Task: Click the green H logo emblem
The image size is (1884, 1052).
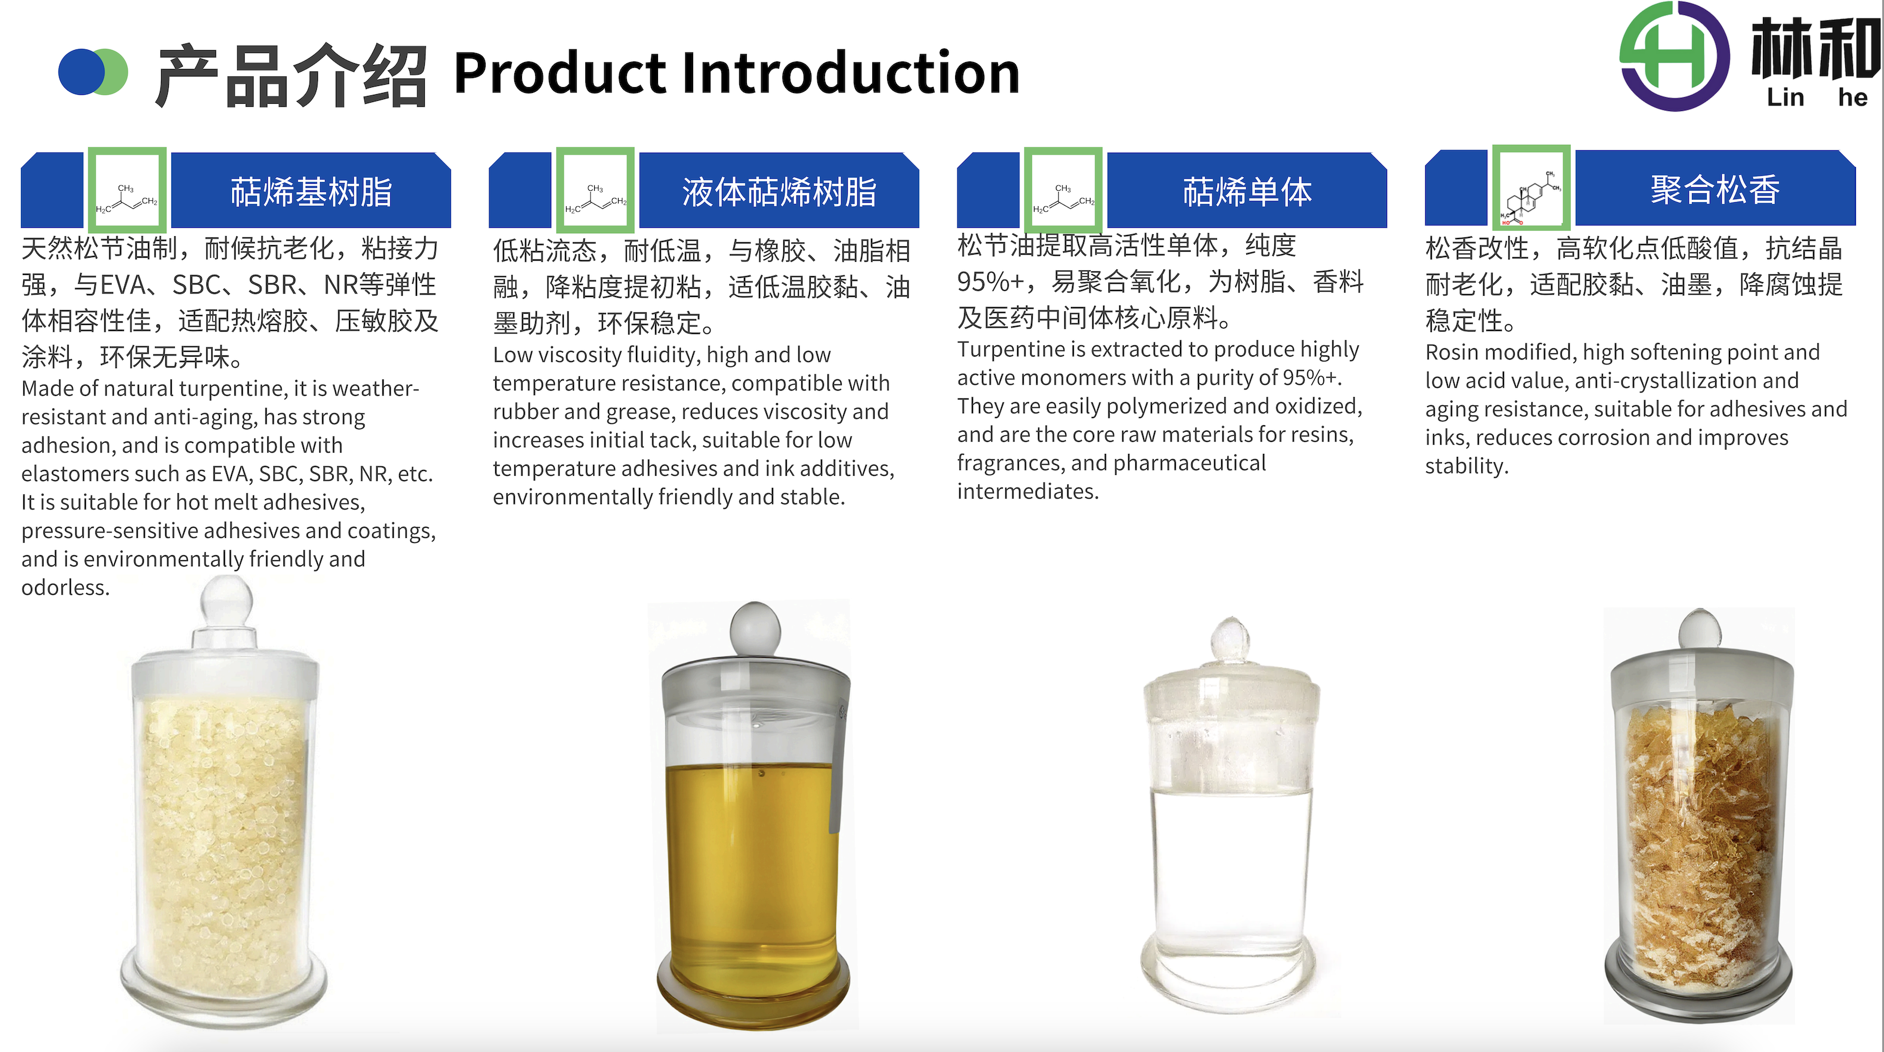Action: (1674, 56)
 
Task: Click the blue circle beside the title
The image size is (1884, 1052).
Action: (82, 72)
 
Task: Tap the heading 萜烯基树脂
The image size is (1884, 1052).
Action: (311, 191)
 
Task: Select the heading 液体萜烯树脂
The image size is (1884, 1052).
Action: (779, 191)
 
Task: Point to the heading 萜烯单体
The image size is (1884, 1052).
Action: (1247, 191)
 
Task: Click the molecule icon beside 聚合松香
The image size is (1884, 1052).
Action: (1531, 187)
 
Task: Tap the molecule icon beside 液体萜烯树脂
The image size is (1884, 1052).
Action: (595, 190)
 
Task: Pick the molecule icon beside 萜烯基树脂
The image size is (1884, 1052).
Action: (127, 190)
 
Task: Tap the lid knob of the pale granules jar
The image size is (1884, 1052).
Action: (227, 601)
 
